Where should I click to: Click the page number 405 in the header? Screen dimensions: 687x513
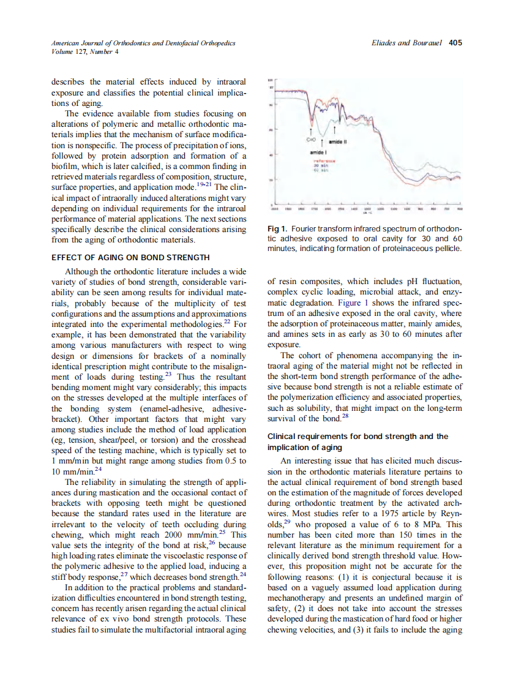455,43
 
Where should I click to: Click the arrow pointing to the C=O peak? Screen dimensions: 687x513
312,130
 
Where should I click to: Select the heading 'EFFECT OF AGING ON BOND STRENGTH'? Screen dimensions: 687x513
130,257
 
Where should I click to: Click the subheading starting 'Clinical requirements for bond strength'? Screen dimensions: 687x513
358,437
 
